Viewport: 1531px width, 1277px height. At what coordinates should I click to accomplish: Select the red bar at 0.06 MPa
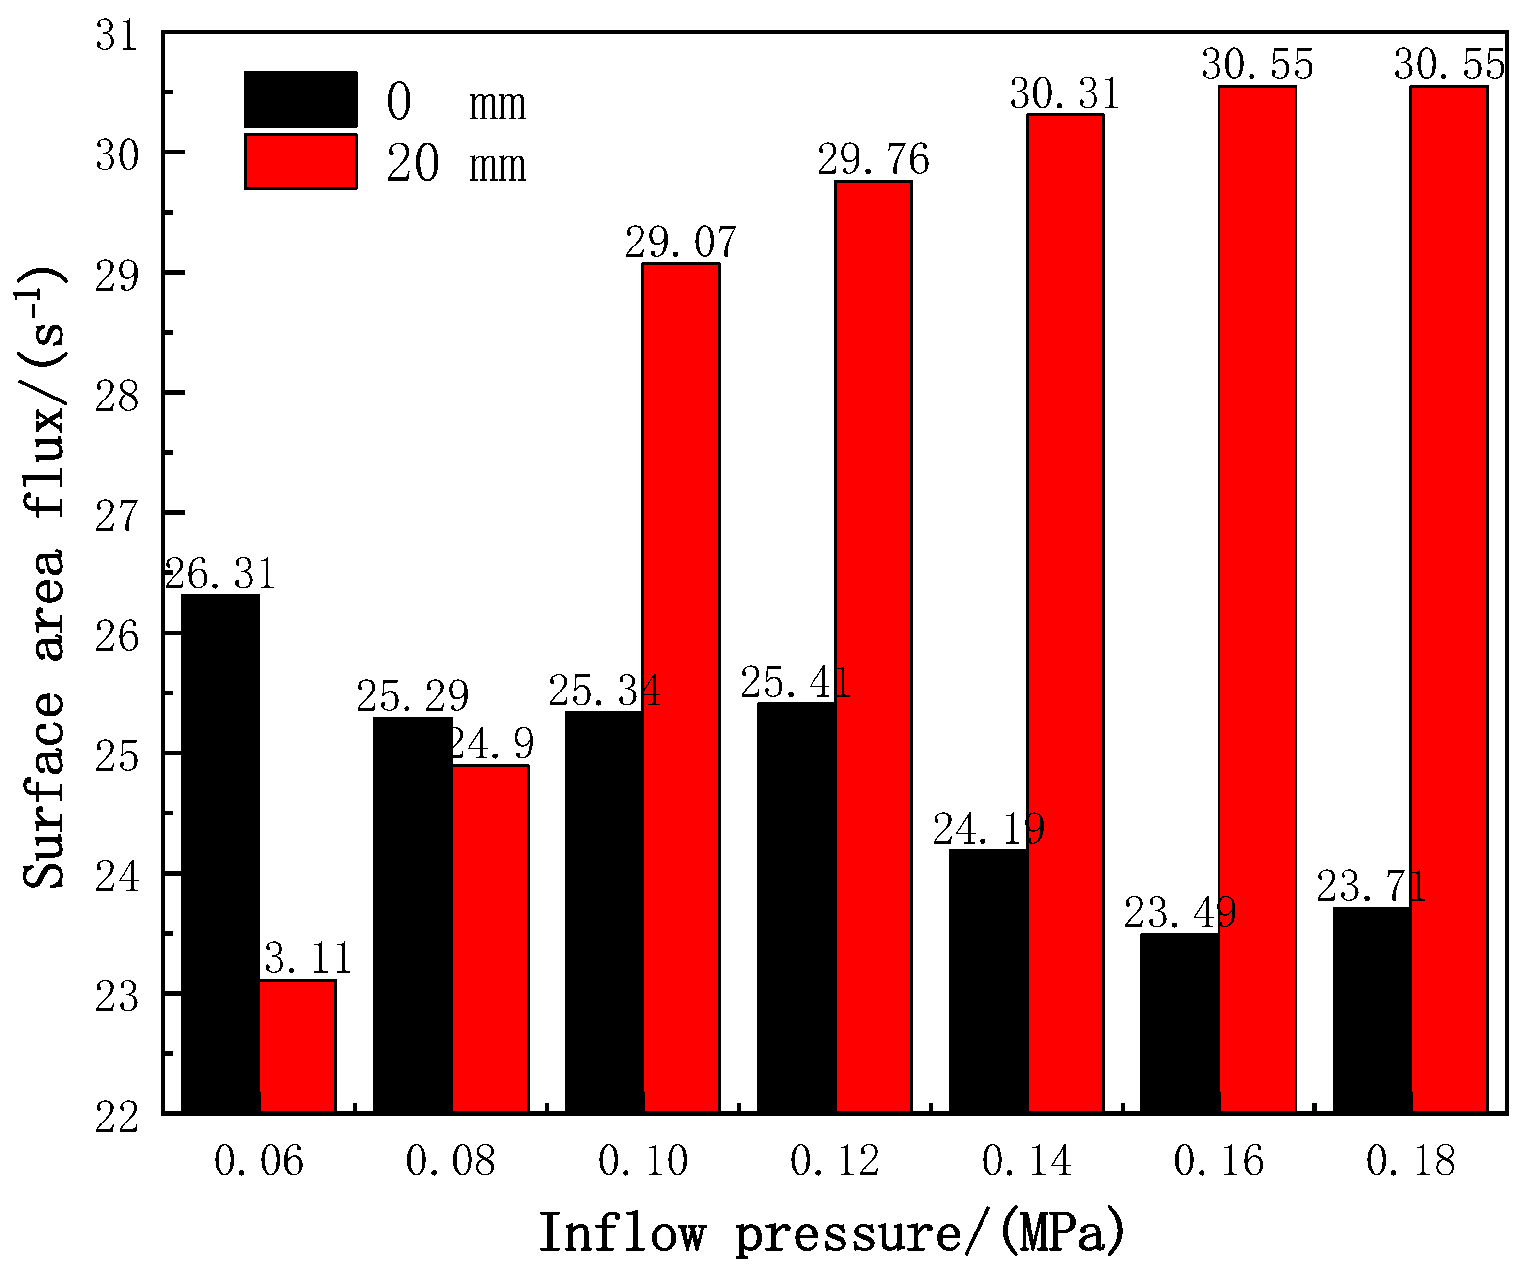(x=298, y=1046)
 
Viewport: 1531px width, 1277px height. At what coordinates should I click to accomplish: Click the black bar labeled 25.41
(x=796, y=908)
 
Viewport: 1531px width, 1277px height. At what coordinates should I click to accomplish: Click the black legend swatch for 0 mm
(x=300, y=100)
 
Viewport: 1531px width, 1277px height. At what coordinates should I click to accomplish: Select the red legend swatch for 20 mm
(x=300, y=161)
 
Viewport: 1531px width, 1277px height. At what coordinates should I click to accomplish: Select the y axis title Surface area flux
(x=44, y=576)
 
